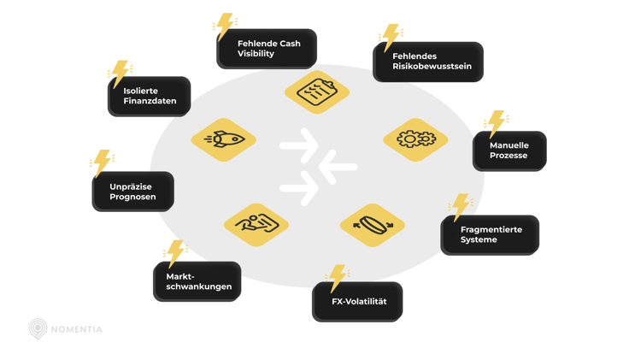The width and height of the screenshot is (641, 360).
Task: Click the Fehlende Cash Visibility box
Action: tap(267, 49)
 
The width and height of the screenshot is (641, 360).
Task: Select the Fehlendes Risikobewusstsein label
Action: tap(428, 62)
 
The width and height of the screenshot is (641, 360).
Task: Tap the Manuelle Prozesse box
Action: tap(510, 150)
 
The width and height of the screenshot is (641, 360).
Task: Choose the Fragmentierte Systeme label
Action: tap(490, 234)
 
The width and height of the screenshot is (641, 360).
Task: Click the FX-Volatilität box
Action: tap(357, 302)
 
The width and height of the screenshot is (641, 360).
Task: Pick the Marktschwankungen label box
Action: tap(197, 281)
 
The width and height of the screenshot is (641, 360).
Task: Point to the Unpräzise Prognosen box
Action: tap(133, 192)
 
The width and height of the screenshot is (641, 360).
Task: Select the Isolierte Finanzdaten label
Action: tap(150, 96)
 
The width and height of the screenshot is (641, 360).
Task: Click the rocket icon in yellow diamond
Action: tap(224, 139)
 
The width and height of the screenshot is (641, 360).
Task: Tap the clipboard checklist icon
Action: tap(317, 91)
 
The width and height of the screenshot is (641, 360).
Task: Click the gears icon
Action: tap(415, 139)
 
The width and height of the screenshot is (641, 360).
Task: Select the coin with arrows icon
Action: tap(373, 226)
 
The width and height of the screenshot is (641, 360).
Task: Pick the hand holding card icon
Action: tap(256, 225)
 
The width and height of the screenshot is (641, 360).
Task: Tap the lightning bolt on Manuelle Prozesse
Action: tap(496, 124)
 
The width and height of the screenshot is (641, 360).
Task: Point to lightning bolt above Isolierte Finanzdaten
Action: tap(121, 74)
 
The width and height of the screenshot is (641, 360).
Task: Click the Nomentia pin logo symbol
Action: tap(38, 328)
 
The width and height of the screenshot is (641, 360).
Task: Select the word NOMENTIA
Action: tap(77, 329)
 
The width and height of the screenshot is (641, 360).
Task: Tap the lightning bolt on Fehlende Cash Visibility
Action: tap(225, 26)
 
